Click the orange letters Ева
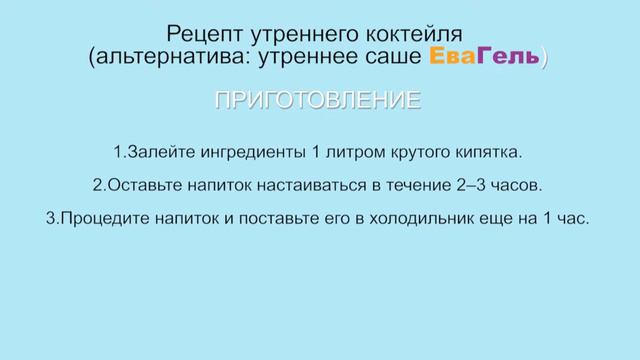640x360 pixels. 450,59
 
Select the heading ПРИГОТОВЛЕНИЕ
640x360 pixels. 319,101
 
